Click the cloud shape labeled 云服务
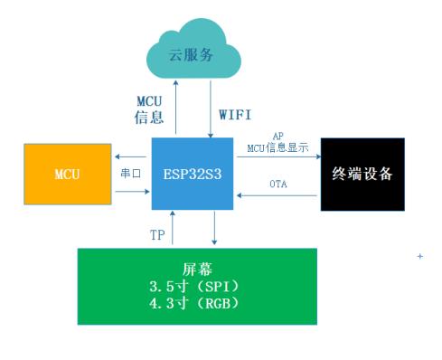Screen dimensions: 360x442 (x=193, y=54)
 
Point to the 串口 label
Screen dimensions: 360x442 (x=130, y=172)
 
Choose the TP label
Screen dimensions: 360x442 (x=157, y=235)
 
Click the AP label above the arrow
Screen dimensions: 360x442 (x=278, y=135)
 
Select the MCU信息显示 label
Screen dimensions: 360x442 (x=277, y=147)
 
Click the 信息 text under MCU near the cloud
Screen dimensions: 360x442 (x=150, y=118)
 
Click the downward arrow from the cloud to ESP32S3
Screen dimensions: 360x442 (x=211, y=109)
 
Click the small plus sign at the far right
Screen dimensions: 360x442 (x=419, y=257)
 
